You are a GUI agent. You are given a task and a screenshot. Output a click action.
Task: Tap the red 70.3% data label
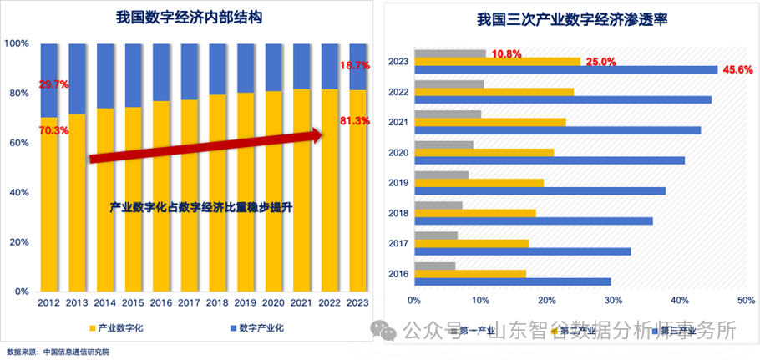[52, 130]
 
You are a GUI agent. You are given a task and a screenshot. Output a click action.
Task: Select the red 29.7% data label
[52, 84]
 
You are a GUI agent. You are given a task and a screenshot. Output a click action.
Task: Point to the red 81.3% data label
[355, 121]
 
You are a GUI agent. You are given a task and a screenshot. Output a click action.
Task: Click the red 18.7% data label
[355, 65]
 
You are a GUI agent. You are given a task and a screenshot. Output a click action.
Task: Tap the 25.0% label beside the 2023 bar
[600, 62]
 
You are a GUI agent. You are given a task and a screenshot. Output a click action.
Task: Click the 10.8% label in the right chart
[506, 54]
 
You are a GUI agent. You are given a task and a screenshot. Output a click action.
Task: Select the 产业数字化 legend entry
[114, 328]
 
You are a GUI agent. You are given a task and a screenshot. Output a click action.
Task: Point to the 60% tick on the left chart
[18, 143]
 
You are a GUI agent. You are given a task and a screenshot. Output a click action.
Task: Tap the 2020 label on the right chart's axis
[398, 152]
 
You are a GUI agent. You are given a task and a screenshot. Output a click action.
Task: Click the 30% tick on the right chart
[613, 300]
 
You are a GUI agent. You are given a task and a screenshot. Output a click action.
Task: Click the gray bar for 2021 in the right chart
[448, 114]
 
